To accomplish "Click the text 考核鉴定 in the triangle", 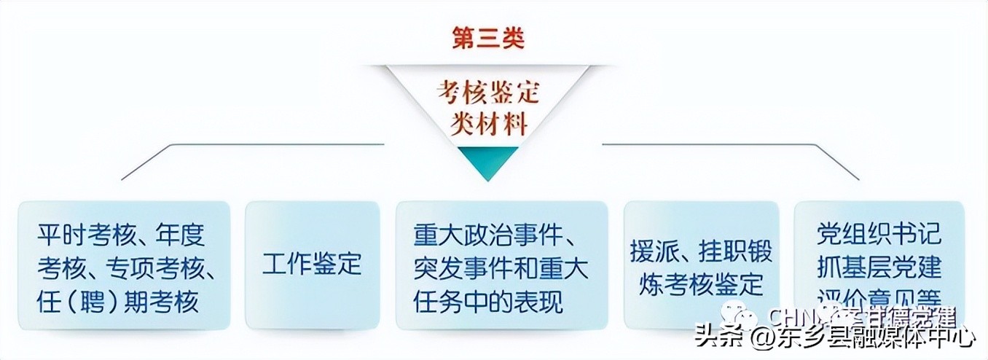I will [488, 92].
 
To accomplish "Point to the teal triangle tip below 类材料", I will [488, 165].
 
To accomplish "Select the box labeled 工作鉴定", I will [312, 265].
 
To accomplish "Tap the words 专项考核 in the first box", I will [157, 268].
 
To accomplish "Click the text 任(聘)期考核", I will [117, 301].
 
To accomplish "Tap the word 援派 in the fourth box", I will [651, 251].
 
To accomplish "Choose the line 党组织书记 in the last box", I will [879, 235].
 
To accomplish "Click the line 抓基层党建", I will [879, 267].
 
